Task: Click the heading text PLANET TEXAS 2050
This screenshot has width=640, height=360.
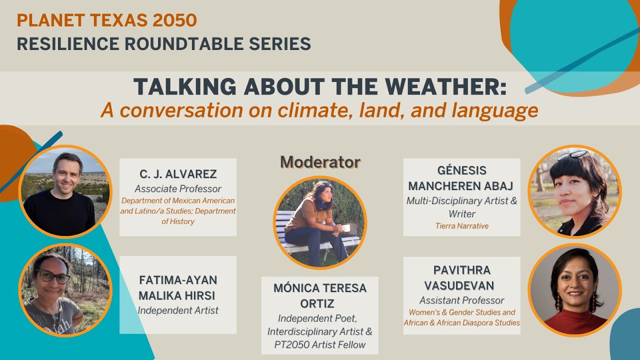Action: tap(106, 20)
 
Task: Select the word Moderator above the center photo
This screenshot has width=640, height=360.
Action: tap(320, 161)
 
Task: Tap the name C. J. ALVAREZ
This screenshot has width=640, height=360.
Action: tap(177, 174)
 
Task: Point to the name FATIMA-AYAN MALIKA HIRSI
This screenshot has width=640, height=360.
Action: tap(177, 287)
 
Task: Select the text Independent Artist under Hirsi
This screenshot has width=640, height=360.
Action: tap(177, 310)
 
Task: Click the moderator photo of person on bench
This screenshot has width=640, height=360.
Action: tap(320, 223)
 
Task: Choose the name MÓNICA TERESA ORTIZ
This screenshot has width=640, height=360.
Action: tap(320, 295)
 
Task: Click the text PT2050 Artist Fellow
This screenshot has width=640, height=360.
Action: tap(320, 344)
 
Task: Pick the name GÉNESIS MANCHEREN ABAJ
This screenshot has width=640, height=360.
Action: tap(461, 178)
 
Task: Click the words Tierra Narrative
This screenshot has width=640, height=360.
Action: tap(461, 226)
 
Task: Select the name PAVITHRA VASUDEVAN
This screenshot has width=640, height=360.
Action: tap(461, 277)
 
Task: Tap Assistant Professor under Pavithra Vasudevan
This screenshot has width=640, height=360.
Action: tap(461, 300)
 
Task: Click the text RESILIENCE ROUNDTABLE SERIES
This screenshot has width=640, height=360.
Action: tap(163, 44)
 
